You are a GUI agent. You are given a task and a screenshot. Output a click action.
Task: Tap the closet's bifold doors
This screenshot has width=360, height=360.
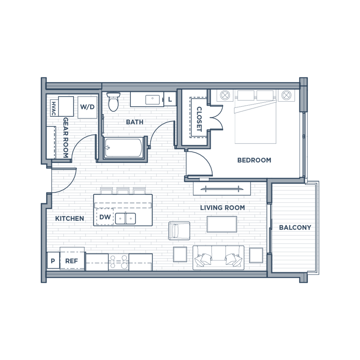pyautogui.click(x=215, y=118)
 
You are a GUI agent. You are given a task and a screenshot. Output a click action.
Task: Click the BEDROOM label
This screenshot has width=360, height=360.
pyautogui.click(x=254, y=160)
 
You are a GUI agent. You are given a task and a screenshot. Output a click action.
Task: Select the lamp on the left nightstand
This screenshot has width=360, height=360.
pyautogui.click(x=225, y=95)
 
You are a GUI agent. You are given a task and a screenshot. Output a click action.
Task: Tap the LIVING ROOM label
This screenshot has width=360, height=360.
pyautogui.click(x=222, y=207)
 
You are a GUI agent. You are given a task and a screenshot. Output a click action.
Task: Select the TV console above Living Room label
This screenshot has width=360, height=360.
pyautogui.click(x=222, y=189)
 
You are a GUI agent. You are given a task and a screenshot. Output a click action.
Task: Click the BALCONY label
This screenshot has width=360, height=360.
pyautogui.click(x=295, y=227)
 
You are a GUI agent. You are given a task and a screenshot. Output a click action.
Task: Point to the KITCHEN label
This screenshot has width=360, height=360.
pyautogui.click(x=70, y=218)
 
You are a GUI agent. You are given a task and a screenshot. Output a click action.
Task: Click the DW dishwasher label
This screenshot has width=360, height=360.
pyautogui.click(x=104, y=217)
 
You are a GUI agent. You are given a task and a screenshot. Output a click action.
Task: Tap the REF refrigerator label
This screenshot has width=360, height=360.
pyautogui.click(x=71, y=261)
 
